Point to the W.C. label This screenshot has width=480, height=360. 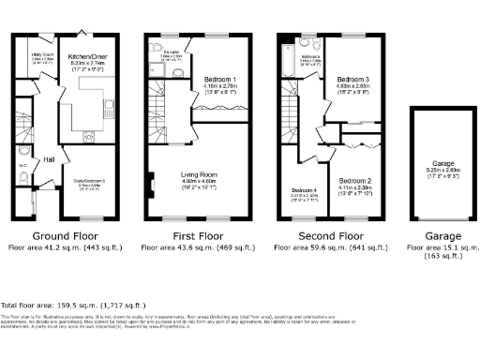click(x=22, y=169)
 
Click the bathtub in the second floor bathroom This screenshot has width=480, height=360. click(x=285, y=60)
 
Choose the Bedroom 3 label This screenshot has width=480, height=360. click(x=353, y=81)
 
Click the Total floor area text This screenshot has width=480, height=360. click(x=73, y=306)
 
